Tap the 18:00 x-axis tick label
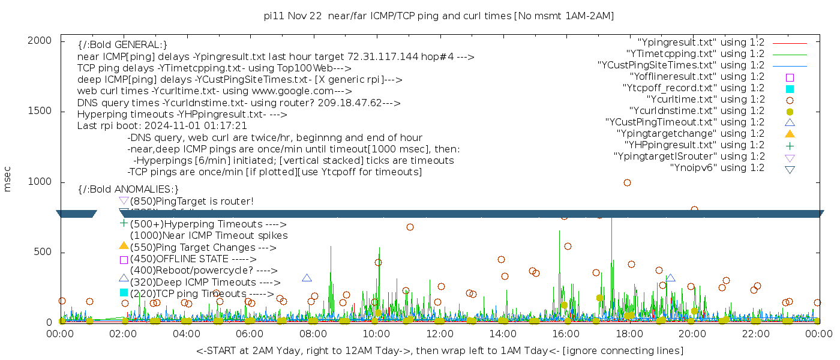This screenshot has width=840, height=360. click(x=629, y=334)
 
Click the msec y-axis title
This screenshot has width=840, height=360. click(x=8, y=180)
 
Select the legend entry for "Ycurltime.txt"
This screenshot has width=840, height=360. click(x=705, y=100)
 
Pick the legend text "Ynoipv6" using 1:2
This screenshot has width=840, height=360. click(x=717, y=168)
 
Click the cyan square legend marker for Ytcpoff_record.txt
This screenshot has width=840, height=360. click(x=790, y=88)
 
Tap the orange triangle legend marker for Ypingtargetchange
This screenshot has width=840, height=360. click(x=790, y=134)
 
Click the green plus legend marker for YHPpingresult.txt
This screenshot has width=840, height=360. click(x=790, y=145)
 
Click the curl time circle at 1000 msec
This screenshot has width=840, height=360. click(x=627, y=182)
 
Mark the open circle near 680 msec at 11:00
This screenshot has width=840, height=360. click(x=410, y=227)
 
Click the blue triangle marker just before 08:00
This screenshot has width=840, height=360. click(x=307, y=278)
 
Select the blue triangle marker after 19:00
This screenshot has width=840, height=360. click(x=670, y=278)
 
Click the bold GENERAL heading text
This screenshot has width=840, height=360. click(x=122, y=45)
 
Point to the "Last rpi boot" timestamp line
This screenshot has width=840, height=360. click(x=162, y=126)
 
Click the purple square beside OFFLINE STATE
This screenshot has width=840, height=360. click(x=124, y=260)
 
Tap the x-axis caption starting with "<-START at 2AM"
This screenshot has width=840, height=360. click(x=439, y=350)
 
